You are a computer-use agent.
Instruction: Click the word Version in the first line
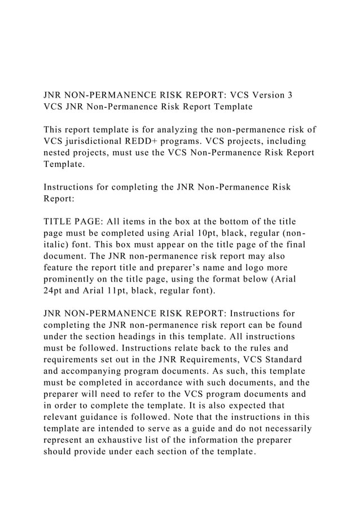[265, 94]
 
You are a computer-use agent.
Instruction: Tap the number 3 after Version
[289, 94]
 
